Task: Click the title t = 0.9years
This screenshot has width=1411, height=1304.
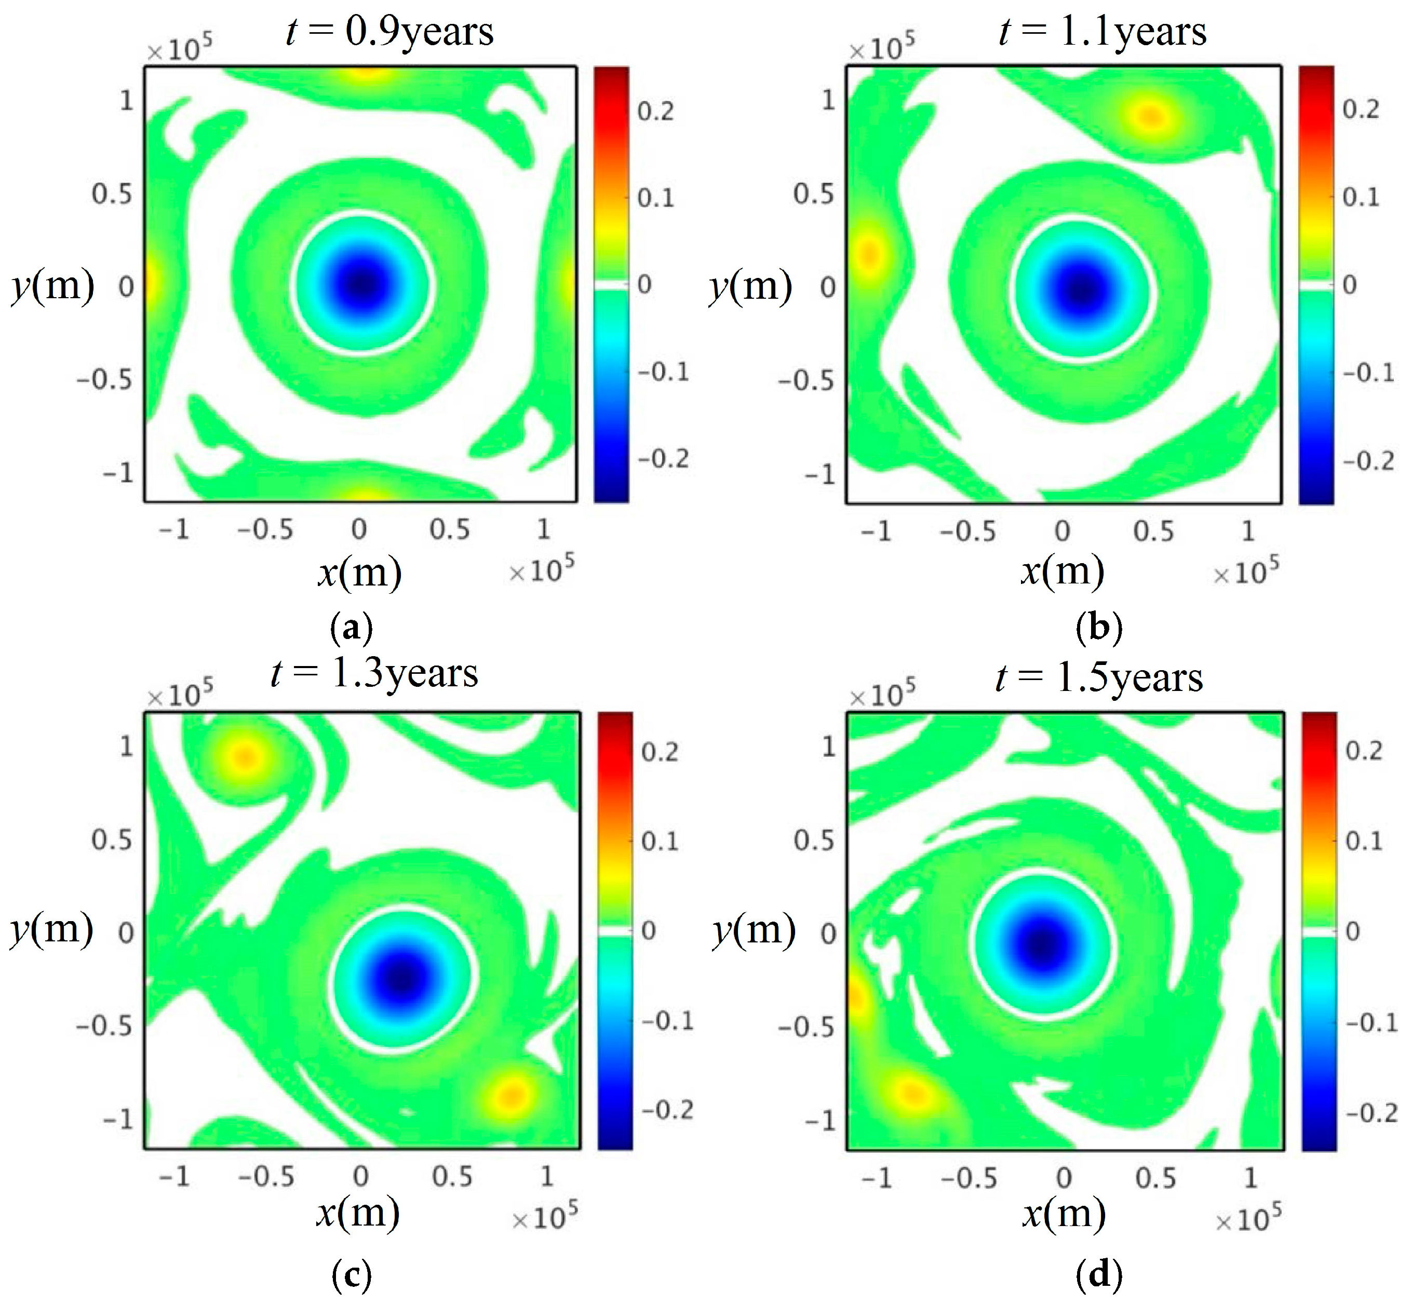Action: click(x=389, y=32)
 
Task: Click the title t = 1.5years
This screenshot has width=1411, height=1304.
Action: click(x=1099, y=678)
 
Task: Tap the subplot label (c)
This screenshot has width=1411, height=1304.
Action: click(x=352, y=1274)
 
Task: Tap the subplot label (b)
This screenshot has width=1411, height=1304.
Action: click(x=1099, y=627)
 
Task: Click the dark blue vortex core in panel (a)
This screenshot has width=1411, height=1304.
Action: click(x=362, y=284)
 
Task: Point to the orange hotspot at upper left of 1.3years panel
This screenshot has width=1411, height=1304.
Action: click(x=244, y=756)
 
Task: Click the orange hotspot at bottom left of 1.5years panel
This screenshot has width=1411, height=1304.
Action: click(x=912, y=1093)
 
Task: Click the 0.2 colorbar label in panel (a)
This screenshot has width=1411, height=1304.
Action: click(x=655, y=111)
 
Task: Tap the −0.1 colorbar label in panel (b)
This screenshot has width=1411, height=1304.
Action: click(x=1368, y=372)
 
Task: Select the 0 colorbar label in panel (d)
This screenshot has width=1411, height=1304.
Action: click(x=1352, y=932)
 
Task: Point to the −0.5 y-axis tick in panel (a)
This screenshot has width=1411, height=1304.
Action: click(x=104, y=380)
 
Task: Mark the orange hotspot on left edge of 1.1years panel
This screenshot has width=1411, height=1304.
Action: click(x=869, y=254)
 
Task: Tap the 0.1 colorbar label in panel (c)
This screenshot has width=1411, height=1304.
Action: click(x=660, y=841)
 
